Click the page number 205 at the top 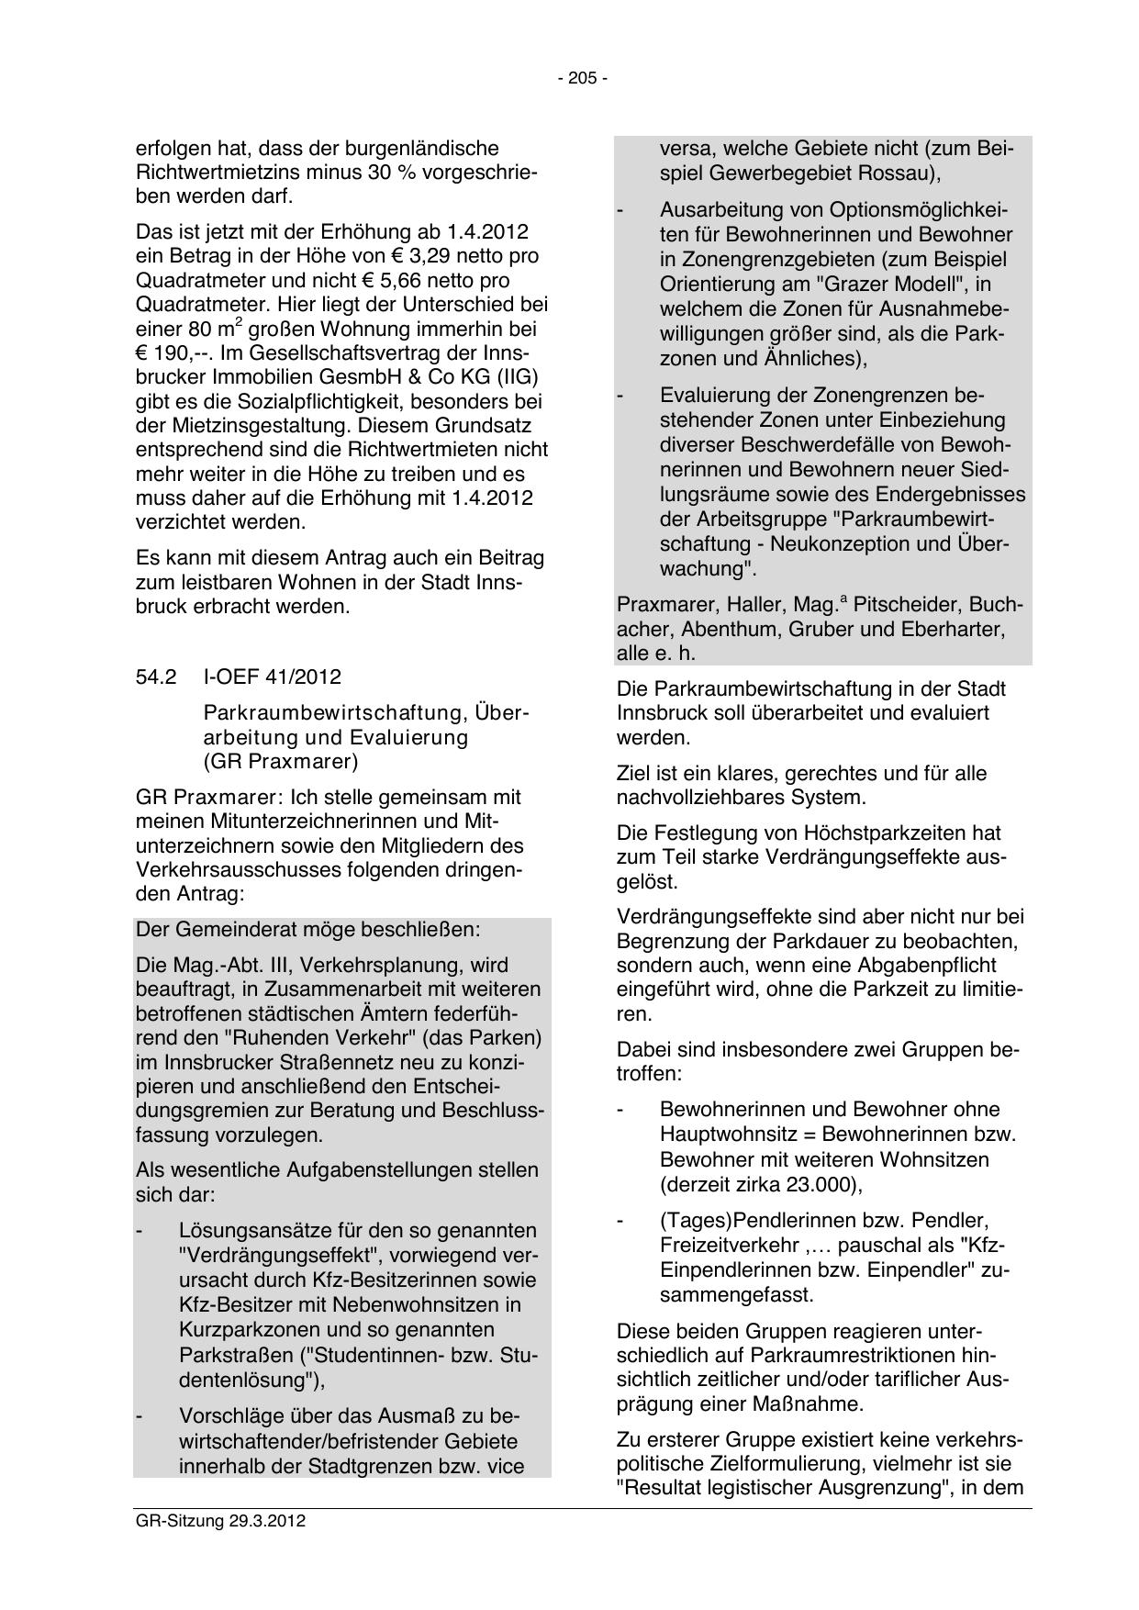(582, 79)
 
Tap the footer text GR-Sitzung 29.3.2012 (220, 1520)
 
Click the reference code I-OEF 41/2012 (272, 676)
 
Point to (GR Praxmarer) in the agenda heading (281, 761)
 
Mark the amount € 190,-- (171, 352)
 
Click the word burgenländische (424, 148)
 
